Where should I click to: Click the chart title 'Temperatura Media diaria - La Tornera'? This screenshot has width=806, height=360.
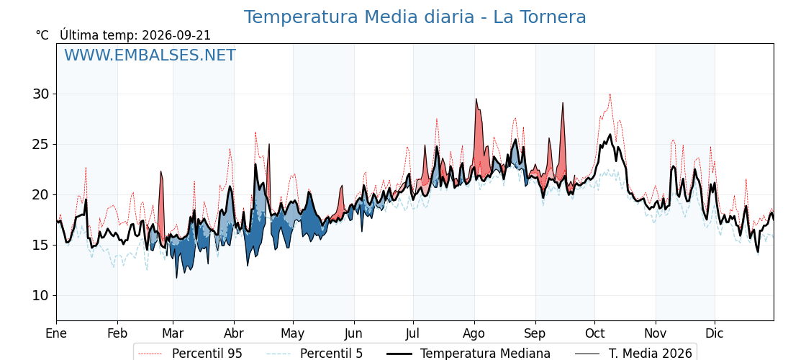pos(415,17)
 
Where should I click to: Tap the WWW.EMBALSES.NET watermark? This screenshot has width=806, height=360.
pos(150,55)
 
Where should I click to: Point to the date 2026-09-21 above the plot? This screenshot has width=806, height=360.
pos(176,35)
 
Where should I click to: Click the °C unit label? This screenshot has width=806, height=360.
pos(42,35)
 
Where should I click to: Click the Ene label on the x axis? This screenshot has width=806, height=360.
pos(56,333)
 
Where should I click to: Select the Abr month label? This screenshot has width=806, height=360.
pos(234,333)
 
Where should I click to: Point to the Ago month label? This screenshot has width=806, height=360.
pos(474,333)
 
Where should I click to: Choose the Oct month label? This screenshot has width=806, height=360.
pos(594,333)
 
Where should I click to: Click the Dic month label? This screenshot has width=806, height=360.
pos(715,333)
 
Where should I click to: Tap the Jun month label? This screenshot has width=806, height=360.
pos(353,333)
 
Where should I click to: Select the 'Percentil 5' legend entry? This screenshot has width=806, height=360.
pos(315,354)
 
